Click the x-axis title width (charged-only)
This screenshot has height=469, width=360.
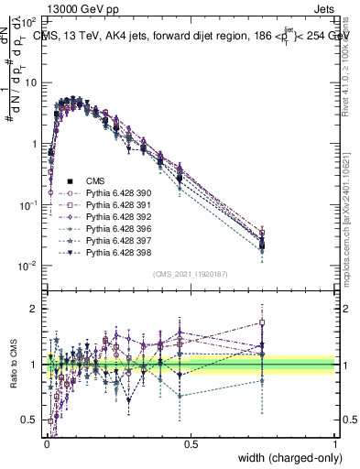[x=286, y=456]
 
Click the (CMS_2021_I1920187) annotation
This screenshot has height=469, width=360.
[x=191, y=274]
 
